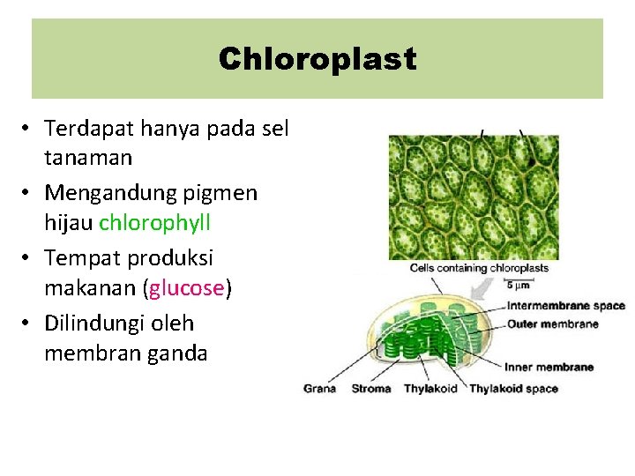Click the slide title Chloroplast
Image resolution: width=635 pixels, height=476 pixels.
click(317, 60)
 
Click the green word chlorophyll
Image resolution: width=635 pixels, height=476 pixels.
click(154, 223)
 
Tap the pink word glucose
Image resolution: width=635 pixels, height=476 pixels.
click(188, 288)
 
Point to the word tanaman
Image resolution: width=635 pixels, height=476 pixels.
click(88, 159)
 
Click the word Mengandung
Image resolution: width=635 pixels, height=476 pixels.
click(107, 192)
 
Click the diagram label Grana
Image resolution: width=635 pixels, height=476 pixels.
click(319, 389)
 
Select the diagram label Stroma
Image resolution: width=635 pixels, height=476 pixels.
click(370, 389)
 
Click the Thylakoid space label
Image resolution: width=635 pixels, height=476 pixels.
click(513, 389)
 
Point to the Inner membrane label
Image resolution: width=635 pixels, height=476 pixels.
click(549, 367)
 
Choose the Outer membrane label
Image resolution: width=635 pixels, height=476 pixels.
click(552, 324)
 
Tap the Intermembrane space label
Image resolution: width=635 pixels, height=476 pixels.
click(565, 306)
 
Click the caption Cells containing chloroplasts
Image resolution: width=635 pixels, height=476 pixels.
click(479, 268)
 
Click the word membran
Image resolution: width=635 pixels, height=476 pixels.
click(88, 353)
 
